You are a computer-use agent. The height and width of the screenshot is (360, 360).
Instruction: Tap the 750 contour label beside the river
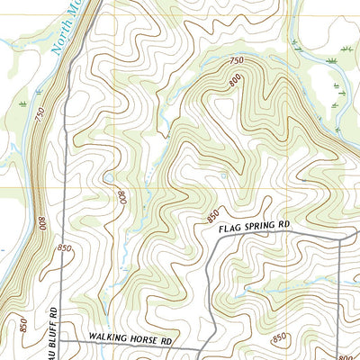coord(40,116)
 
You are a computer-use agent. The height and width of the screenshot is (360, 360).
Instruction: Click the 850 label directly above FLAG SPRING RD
coord(212,216)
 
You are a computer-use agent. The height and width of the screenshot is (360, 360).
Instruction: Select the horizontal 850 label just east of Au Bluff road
coord(64,247)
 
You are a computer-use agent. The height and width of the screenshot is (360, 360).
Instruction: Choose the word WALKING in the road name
coord(107,341)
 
